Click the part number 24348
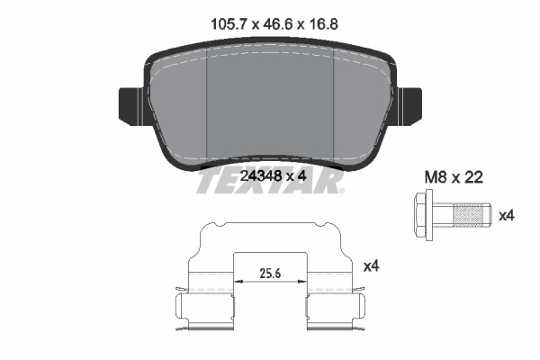click(261, 176)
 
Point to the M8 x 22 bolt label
click(454, 178)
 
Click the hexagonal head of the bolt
click(421, 214)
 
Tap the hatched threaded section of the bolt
click(466, 215)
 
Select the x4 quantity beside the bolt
click(507, 216)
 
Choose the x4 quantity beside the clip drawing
click(371, 266)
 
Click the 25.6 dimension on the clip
click(270, 274)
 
